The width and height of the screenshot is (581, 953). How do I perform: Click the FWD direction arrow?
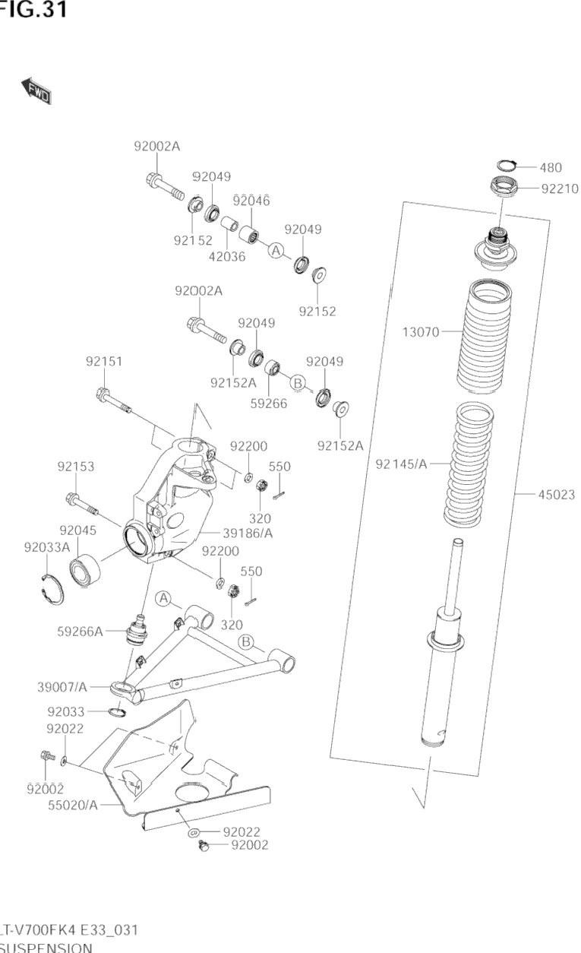click(36, 90)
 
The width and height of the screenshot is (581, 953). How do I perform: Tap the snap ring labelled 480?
click(507, 166)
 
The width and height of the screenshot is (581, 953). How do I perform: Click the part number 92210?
click(560, 188)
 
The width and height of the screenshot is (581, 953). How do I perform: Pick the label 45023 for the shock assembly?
click(557, 495)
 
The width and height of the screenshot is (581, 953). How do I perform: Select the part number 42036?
click(227, 256)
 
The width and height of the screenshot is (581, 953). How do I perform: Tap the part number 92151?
click(104, 362)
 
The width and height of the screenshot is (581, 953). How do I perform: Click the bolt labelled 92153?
click(83, 501)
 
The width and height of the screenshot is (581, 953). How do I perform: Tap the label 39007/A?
click(62, 687)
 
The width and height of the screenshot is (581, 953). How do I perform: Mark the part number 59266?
click(268, 404)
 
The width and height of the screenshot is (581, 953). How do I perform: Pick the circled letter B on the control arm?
click(246, 643)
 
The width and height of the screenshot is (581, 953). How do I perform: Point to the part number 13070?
click(421, 332)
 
